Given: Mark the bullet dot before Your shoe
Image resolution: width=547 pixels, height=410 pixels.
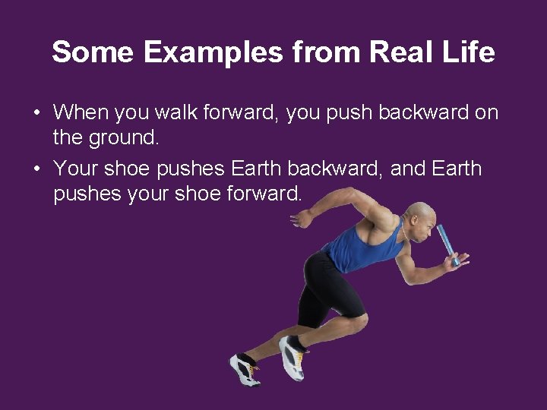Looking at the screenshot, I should point(36,169).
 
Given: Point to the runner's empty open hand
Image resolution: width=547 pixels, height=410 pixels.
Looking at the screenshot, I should point(302,218).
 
